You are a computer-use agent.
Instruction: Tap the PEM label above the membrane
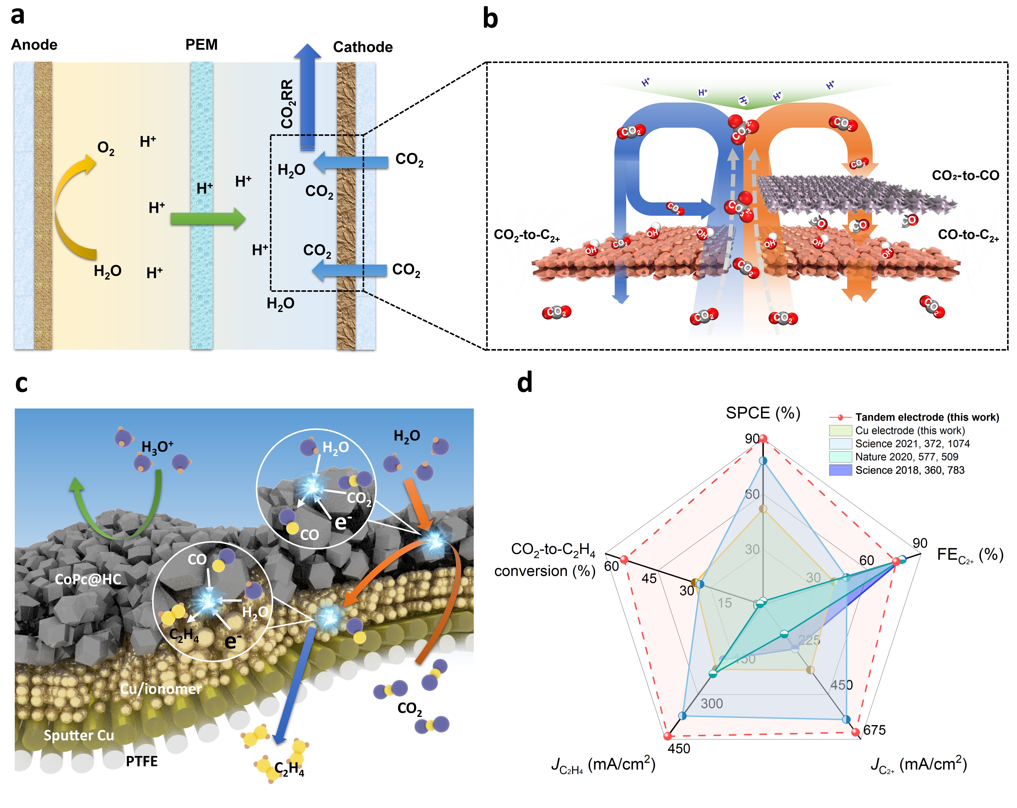(x=201, y=45)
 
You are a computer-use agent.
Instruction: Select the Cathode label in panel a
(x=363, y=47)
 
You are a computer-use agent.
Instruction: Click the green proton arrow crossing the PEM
(x=208, y=218)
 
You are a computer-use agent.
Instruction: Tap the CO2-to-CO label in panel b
(x=965, y=175)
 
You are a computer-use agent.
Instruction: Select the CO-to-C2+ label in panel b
(x=968, y=235)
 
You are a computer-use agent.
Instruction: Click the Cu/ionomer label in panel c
(x=161, y=689)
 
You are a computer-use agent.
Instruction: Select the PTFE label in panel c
(x=142, y=761)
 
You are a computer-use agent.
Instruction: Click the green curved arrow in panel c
(x=118, y=514)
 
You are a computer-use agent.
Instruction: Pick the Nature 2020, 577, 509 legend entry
(x=906, y=457)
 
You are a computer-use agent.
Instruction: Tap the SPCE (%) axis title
(x=763, y=413)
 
